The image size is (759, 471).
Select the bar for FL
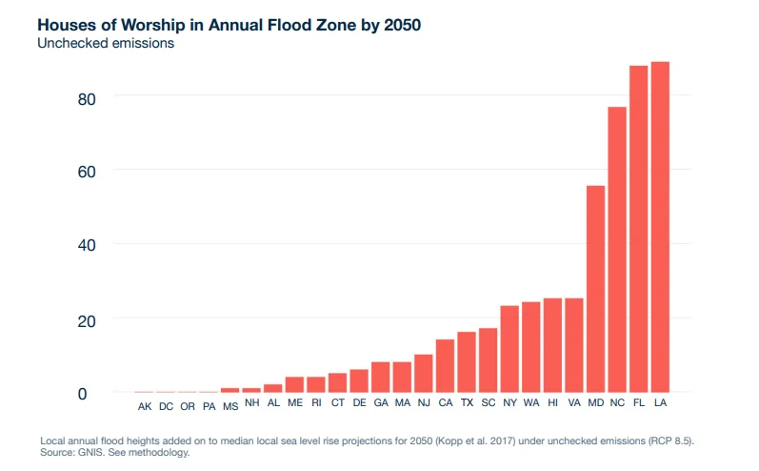tap(639, 229)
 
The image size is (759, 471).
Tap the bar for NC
tap(617, 249)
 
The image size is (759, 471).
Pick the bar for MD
tap(596, 288)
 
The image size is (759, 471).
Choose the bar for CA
tap(445, 365)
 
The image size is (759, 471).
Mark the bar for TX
tap(467, 361)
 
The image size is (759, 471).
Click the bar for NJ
tap(424, 373)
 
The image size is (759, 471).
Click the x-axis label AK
tap(145, 406)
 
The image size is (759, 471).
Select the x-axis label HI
tap(552, 403)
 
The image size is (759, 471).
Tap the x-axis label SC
tap(488, 403)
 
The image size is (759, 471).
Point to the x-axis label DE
tap(359, 403)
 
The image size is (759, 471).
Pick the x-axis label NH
tap(251, 403)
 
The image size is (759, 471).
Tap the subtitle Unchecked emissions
tap(106, 44)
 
